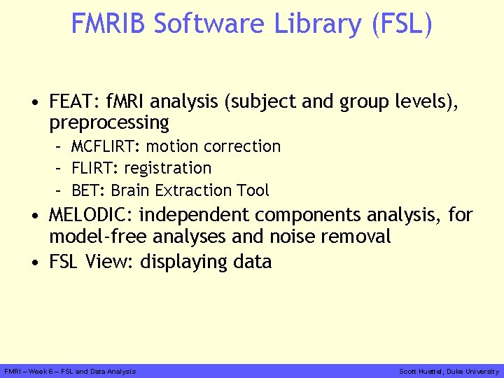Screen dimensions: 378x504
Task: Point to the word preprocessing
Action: point(109,123)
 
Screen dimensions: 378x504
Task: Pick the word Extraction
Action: point(188,190)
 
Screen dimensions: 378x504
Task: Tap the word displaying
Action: point(184,262)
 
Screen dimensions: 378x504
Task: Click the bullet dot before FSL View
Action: point(35,262)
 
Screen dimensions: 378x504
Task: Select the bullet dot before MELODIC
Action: point(35,216)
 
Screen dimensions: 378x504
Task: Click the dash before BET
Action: point(62,190)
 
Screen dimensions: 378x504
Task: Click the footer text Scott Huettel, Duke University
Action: point(449,371)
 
